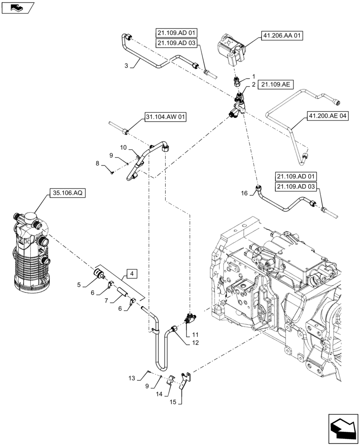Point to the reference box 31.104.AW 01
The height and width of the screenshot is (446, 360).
coord(165,117)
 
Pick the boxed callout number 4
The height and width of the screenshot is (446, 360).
coord(132,273)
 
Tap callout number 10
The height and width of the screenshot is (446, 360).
coord(123,147)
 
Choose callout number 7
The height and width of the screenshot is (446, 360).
coord(107,301)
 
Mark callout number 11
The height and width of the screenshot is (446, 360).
coord(195,334)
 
